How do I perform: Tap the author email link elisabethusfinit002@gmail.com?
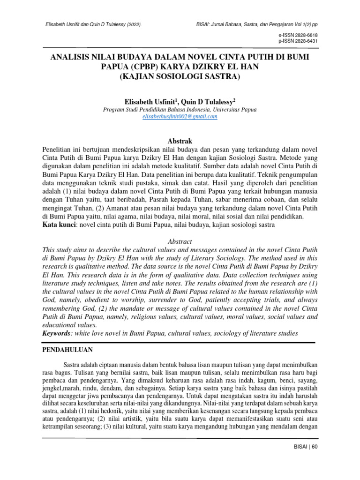point(180,117)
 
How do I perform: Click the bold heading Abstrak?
point(180,141)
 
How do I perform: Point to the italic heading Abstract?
point(180,240)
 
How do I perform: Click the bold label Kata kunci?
point(59,225)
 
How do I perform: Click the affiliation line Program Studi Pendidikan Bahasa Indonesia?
point(180,109)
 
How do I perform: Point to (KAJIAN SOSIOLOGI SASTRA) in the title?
point(180,76)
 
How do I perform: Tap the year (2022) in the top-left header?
point(135,24)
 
